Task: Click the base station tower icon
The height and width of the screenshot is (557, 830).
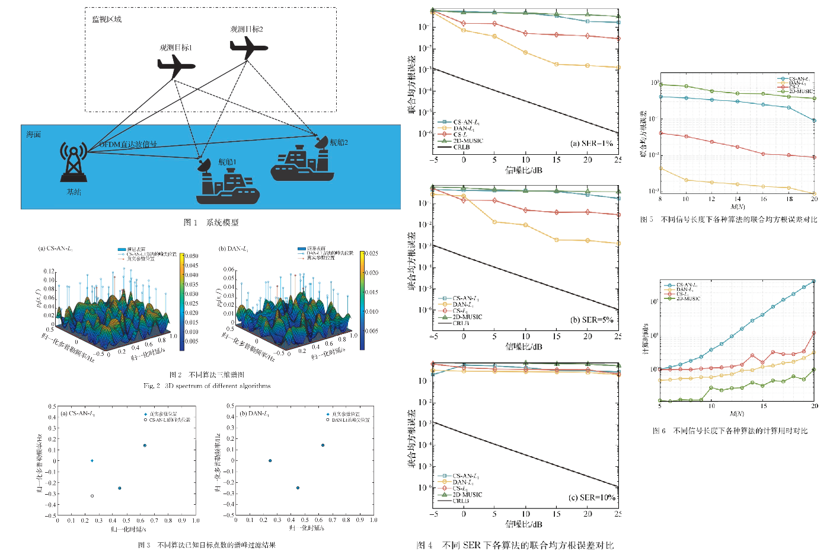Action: click(74, 161)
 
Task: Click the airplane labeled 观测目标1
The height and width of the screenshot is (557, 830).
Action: click(175, 66)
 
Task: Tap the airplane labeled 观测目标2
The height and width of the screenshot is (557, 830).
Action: click(248, 47)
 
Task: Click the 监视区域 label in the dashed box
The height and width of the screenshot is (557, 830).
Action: click(107, 20)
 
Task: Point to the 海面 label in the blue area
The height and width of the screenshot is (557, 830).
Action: click(34, 135)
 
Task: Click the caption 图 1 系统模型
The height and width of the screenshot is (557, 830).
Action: click(211, 222)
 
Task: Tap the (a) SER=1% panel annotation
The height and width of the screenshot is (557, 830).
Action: click(591, 144)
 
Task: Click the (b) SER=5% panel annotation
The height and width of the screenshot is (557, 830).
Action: click(591, 320)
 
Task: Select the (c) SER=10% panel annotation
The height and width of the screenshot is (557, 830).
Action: click(591, 497)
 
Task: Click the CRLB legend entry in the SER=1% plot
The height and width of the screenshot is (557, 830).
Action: click(461, 147)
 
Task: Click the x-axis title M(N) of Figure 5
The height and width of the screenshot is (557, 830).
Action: click(737, 207)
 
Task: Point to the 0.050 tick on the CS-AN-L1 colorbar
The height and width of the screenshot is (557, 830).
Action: click(191, 256)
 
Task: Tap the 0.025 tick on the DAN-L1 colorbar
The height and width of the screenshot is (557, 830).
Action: click(371, 253)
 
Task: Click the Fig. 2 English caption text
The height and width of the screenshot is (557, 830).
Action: click(207, 386)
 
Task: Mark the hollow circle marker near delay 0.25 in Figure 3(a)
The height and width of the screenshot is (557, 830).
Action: click(92, 496)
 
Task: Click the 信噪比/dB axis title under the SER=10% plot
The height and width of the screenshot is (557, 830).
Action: click(523, 524)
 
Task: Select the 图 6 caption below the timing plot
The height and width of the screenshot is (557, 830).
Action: click(730, 431)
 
